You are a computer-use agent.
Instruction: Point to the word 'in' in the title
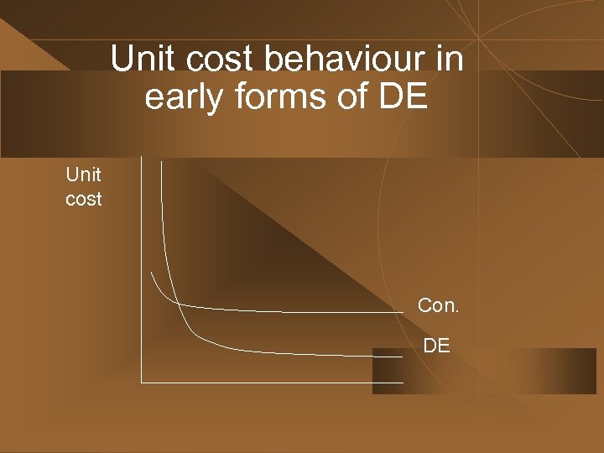pos(450,60)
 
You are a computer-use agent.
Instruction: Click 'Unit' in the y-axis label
pos(83,174)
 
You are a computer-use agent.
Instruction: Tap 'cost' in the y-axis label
pos(83,200)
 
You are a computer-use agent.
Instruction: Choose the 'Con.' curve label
pos(438,305)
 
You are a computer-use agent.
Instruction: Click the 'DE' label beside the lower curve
pos(436,344)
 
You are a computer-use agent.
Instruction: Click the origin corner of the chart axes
pos(142,383)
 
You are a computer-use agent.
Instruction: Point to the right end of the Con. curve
pos(403,312)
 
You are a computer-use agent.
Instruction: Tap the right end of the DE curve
pos(403,357)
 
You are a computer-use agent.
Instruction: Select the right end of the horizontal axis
pos(403,383)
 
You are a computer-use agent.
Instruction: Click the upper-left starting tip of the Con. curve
pos(152,273)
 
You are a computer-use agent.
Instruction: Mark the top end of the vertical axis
pos(142,159)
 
